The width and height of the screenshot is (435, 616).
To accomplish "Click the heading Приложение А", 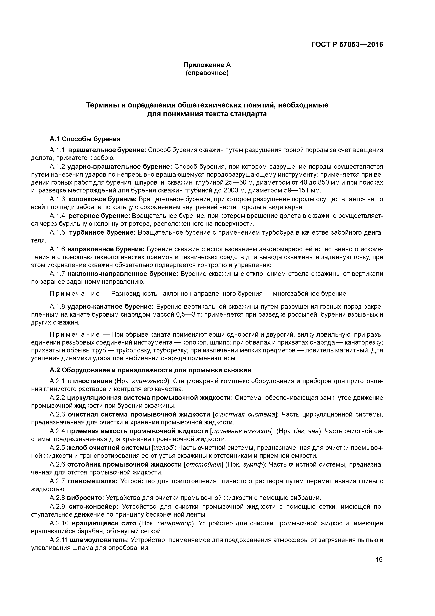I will coord(207,65).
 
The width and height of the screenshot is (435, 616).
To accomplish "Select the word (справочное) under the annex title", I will coord(207,73).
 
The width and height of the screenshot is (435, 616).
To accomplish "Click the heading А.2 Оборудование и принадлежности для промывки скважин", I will coord(150,370).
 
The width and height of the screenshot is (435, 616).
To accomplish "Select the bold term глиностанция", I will coord(89,381).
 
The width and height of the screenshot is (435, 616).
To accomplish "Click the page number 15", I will coord(379,560).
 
